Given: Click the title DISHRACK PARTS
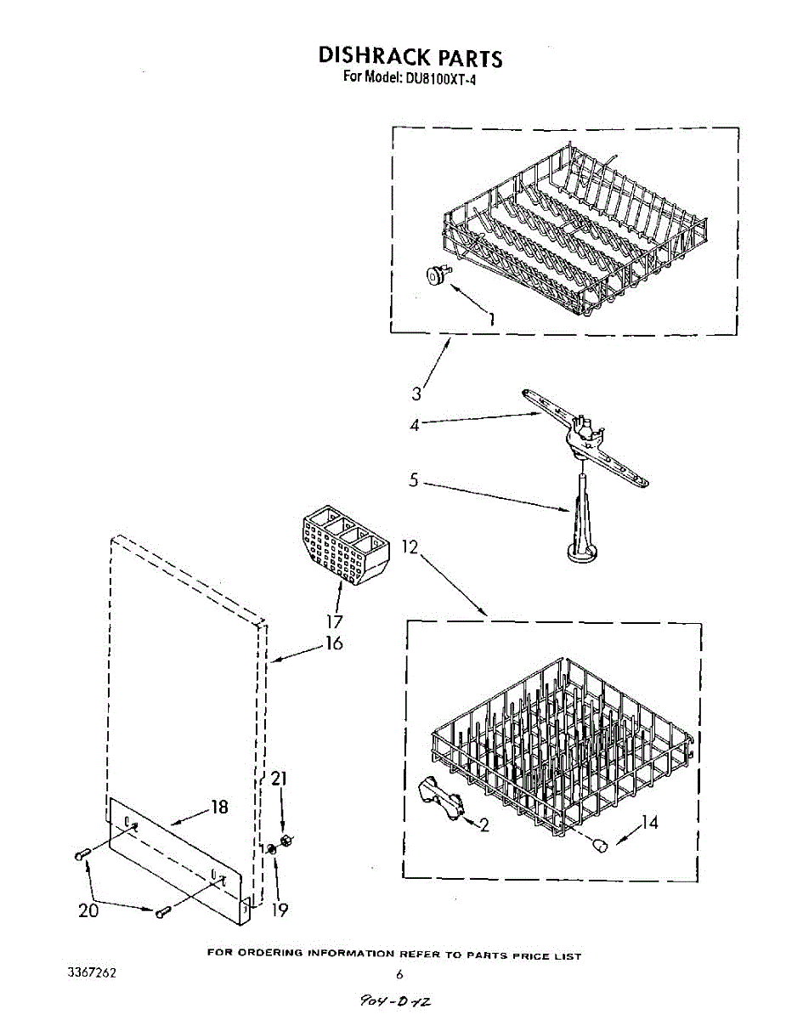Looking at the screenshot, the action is [x=410, y=57].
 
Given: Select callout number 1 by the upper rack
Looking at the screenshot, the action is [x=490, y=319].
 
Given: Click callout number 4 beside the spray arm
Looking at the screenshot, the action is [x=415, y=424].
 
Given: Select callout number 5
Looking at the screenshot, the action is [x=414, y=480].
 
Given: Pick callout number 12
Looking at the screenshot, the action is [x=410, y=547].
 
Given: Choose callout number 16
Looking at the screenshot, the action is [x=334, y=643].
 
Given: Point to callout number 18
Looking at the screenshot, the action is [x=219, y=807].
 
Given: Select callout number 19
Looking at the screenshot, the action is [x=280, y=909].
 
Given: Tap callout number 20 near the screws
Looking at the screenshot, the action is [x=88, y=910].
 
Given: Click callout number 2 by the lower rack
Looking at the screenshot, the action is [x=483, y=824].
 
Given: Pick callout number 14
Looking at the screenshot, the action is [x=649, y=822].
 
